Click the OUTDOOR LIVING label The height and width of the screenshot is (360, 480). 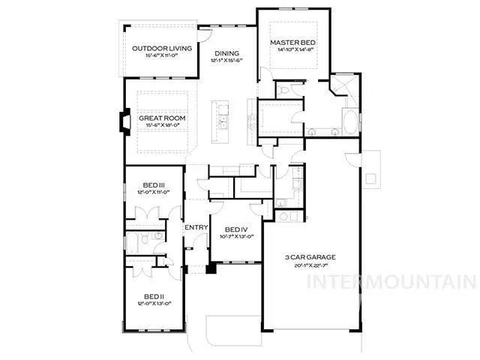pyautogui.click(x=162, y=49)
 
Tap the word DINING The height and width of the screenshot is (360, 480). pyautogui.click(x=226, y=53)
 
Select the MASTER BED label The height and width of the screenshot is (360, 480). pyautogui.click(x=292, y=43)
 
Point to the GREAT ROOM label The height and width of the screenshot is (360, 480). pyautogui.click(x=161, y=118)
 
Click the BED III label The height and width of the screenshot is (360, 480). pyautogui.click(x=154, y=184)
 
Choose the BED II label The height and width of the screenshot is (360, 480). pyautogui.click(x=154, y=295)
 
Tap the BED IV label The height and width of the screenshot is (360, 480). pyautogui.click(x=236, y=229)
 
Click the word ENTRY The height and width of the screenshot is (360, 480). pyautogui.click(x=196, y=228)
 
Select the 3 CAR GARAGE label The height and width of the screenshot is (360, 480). pyautogui.click(x=310, y=257)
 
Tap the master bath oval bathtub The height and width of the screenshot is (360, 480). pyautogui.click(x=352, y=121)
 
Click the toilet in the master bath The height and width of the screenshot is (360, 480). pyautogui.click(x=282, y=91)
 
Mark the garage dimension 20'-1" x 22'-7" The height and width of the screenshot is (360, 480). pyautogui.click(x=310, y=265)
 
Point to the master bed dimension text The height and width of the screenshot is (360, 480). pyautogui.click(x=292, y=50)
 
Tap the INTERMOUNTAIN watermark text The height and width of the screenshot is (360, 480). pyautogui.click(x=392, y=283)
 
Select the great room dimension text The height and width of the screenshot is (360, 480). pyautogui.click(x=161, y=126)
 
